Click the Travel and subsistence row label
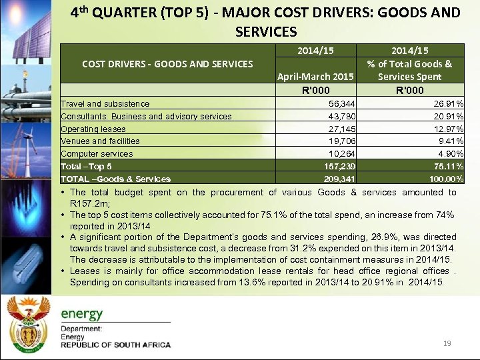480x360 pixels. tap(105, 104)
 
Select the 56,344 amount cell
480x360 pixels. tap(342, 104)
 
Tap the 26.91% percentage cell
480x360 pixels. tap(447, 104)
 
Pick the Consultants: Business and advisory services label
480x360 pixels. tap(146, 117)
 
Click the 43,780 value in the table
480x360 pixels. tap(342, 117)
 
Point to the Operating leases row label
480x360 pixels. tap(93, 129)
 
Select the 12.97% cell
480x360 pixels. tap(447, 129)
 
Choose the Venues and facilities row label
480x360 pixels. tap(100, 141)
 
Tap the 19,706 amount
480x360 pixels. tap(342, 141)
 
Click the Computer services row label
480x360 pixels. tap(97, 153)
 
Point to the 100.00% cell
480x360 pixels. tap(445, 179)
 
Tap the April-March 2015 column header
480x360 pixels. tap(316, 77)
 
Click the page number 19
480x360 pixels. tap(447, 343)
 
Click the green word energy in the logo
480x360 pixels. tap(82, 314)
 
